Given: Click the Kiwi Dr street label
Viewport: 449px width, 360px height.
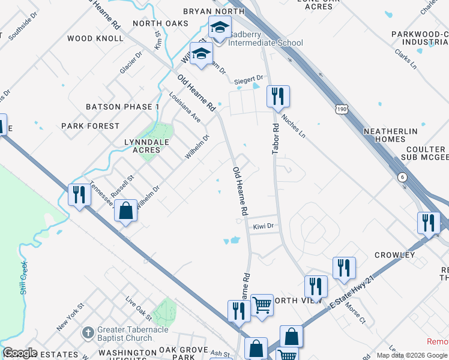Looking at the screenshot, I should (263, 226).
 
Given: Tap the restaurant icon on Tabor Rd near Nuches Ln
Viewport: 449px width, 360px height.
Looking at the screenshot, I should (278, 96).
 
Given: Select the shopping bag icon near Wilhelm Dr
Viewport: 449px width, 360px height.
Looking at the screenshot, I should (125, 211).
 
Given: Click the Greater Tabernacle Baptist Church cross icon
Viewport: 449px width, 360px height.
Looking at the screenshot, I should (88, 332).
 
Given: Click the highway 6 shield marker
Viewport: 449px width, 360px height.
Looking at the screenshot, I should (402, 177).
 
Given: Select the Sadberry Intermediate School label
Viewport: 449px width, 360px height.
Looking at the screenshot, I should (266, 38).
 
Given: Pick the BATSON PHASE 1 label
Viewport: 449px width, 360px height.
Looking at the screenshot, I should (122, 107).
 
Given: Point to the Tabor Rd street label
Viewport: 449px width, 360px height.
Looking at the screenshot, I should (276, 139).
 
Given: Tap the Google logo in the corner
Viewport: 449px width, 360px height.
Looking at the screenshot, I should (19, 353).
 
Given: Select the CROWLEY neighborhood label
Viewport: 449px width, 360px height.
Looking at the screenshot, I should (394, 255).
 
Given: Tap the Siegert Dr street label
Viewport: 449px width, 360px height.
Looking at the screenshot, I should (249, 79).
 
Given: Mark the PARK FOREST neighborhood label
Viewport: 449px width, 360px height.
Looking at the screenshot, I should (91, 126).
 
